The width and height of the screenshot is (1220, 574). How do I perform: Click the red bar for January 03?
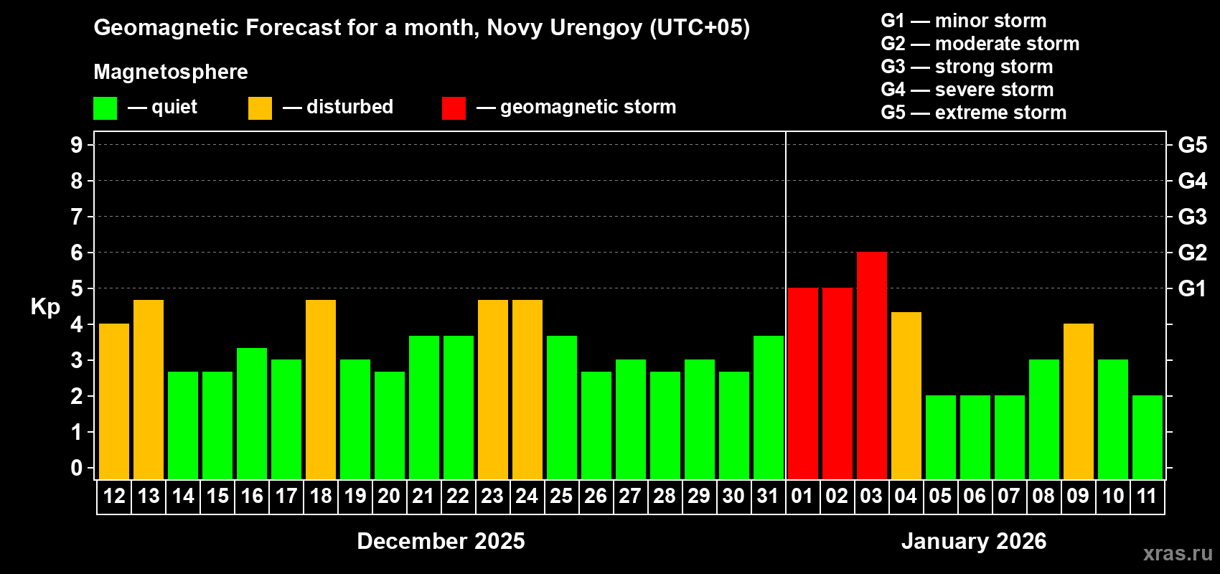point(871,365)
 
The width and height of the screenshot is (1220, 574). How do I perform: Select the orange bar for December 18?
point(321,389)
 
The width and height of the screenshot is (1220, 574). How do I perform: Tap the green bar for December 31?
point(768,407)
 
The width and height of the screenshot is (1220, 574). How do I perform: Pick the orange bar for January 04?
point(906,395)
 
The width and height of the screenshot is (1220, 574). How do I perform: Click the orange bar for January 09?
point(1078,401)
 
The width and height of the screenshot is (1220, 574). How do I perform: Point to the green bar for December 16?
point(252,413)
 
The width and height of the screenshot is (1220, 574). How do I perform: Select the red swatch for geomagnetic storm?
point(454,108)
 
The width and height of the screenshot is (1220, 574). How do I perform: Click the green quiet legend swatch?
point(105,108)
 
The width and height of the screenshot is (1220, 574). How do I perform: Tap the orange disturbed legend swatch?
point(260,108)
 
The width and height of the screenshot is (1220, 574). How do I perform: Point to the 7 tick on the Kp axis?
point(77,217)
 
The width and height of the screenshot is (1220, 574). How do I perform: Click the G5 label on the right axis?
point(1192,145)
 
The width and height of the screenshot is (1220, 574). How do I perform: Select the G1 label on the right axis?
point(1192,288)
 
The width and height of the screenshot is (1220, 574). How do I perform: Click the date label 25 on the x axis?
point(561,496)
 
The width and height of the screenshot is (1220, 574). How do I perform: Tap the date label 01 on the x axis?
point(802,496)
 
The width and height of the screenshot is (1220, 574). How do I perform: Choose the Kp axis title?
point(45,306)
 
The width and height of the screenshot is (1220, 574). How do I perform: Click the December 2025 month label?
point(441,541)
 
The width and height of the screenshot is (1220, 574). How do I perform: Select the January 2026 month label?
point(974,541)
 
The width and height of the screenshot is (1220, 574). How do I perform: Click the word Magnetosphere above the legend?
point(171,72)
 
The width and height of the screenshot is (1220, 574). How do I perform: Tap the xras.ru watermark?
point(1178,553)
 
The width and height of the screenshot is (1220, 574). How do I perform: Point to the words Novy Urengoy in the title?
point(565,28)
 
